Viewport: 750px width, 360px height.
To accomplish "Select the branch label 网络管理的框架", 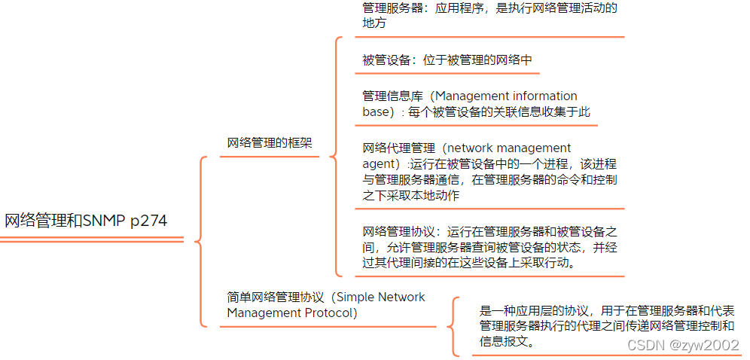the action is click(x=270, y=142).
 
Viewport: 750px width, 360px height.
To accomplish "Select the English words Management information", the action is click(x=506, y=96).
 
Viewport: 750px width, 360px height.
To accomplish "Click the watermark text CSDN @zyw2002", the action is click(x=683, y=344).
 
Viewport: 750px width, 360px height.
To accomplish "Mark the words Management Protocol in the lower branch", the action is click(x=292, y=313).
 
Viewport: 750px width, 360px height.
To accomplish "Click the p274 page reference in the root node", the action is click(x=148, y=221).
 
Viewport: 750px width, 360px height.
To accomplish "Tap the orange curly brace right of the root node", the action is click(x=200, y=241).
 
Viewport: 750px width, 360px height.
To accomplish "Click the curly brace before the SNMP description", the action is click(x=452, y=326).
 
